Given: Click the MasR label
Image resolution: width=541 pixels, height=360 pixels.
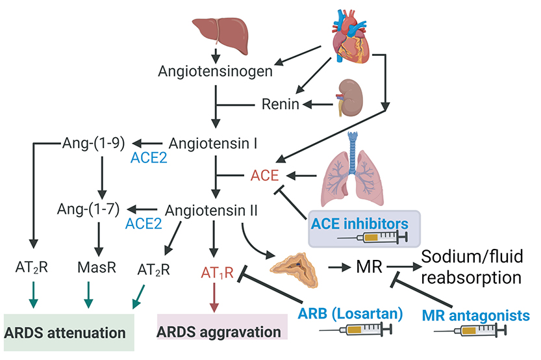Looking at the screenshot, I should coord(96,267).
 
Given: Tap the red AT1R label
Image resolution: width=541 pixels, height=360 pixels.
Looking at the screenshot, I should coord(215,270).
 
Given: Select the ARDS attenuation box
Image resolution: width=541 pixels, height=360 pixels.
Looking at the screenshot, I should coord(69,332).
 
